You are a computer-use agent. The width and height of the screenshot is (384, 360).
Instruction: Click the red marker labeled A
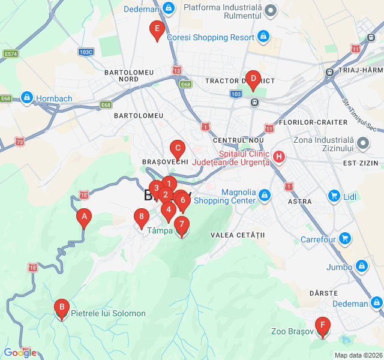[x=85, y=217]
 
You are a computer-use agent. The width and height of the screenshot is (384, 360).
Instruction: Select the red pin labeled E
[x=157, y=29]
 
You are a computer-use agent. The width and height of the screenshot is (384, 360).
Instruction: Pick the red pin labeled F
[x=323, y=327]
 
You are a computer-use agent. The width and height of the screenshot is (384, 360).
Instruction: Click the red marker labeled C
[x=177, y=148]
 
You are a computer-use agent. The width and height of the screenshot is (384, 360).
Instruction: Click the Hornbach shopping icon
[x=26, y=97]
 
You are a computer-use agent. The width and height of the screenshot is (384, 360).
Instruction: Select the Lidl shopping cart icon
[x=334, y=196]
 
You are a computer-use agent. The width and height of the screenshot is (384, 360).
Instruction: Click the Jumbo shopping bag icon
[x=361, y=266]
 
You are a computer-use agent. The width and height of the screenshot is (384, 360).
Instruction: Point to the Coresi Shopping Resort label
[x=210, y=37]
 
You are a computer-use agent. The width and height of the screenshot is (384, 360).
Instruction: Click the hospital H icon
[x=278, y=157]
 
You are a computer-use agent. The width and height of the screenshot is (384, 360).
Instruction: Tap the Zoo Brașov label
[x=292, y=331]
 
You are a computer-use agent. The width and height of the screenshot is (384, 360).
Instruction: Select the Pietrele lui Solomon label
[x=108, y=313]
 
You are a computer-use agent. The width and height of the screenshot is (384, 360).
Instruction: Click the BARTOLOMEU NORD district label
[x=129, y=76]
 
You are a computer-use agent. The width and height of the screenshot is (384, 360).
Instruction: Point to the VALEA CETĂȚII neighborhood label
[x=238, y=235]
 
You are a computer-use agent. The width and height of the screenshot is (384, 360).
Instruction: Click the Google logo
[x=20, y=353]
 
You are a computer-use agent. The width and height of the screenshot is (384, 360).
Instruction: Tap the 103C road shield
[x=86, y=52]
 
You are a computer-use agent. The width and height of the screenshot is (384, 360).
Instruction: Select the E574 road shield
[x=10, y=53]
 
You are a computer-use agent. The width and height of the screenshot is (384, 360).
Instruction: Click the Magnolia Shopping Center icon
[x=265, y=194]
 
